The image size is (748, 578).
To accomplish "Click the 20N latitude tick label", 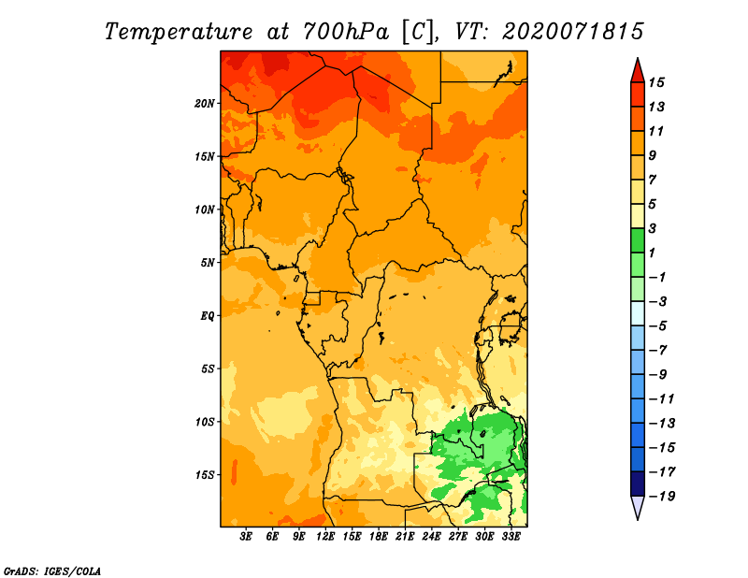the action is [205, 104].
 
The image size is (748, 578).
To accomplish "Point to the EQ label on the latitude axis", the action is [208, 316].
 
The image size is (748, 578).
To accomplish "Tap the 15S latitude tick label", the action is [205, 475].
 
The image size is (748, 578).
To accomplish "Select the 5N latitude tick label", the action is [208, 263].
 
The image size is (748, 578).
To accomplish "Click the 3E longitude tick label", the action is [246, 537].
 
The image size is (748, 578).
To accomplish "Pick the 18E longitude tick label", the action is [379, 537].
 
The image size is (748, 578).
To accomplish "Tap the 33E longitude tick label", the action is [511, 537].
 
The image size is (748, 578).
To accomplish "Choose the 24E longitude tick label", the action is [431, 537].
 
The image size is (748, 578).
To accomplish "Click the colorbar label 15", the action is [656, 83].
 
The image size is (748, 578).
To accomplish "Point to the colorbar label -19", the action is [662, 497].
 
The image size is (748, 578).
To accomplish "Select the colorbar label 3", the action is [653, 228].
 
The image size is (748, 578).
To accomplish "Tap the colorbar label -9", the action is [658, 375].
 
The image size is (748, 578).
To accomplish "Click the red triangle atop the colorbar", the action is [638, 72].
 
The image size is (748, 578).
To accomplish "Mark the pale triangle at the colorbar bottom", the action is [638, 506].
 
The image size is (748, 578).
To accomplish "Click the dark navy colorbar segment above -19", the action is [638, 484].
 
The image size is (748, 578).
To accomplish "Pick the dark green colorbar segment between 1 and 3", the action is [638, 240].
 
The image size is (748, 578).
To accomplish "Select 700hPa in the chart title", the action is [346, 32].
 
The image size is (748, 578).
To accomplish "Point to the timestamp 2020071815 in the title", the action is [573, 32].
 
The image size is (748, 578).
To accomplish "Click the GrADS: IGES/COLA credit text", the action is [52, 571].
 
